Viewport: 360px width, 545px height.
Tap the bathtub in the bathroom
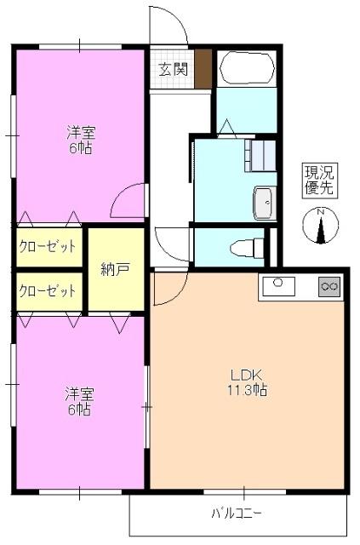[245, 68]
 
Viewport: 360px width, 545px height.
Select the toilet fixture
[244, 248]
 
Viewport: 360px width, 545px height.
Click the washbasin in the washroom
[263, 204]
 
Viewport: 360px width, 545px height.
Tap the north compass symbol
[321, 227]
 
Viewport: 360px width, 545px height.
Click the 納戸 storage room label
[115, 270]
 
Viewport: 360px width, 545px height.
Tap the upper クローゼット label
[48, 247]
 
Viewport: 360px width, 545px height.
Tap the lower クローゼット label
[48, 290]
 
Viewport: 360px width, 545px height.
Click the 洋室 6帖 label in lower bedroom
[81, 401]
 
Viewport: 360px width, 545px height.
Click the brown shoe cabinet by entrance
[203, 68]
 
